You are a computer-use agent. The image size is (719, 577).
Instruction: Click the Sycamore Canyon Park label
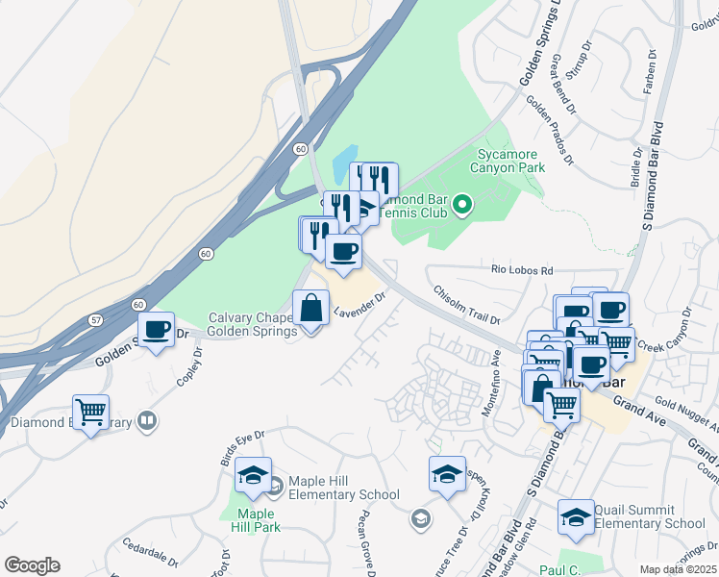pyautogui.click(x=507, y=160)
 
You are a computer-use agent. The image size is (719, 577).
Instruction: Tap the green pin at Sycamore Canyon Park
pyautogui.click(x=462, y=203)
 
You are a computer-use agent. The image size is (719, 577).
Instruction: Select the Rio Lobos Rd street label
pyautogui.click(x=523, y=271)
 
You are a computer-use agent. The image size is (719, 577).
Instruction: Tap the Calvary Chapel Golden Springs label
pyautogui.click(x=254, y=325)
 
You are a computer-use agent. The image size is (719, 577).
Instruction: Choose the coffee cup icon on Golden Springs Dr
pyautogui.click(x=155, y=329)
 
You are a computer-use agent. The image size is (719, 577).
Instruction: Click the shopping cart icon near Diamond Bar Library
pyautogui.click(x=91, y=413)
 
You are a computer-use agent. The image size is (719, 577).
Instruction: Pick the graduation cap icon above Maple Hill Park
pyautogui.click(x=254, y=475)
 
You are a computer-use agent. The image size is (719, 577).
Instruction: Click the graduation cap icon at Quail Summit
pyautogui.click(x=576, y=514)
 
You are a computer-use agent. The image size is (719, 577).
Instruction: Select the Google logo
pyautogui.click(x=33, y=565)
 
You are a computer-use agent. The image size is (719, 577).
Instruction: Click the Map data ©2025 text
pyautogui.click(x=677, y=569)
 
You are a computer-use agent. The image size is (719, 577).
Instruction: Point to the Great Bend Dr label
pyautogui.click(x=563, y=84)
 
